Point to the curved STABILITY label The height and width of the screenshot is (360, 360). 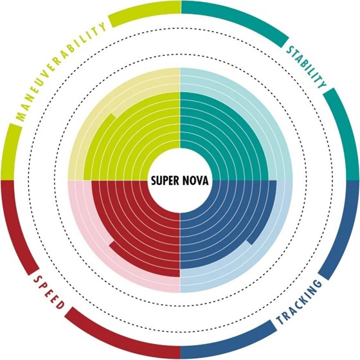[307, 67]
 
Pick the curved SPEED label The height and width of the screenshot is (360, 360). [49, 292]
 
